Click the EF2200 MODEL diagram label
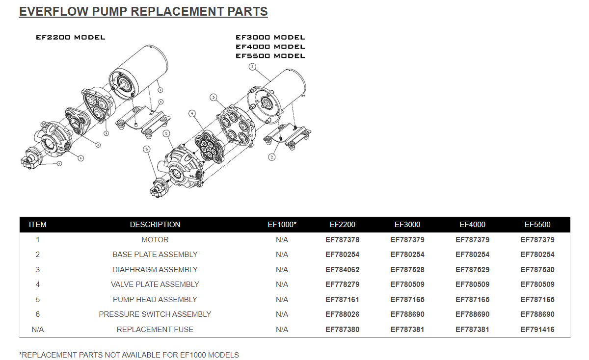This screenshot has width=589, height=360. pyautogui.click(x=70, y=37)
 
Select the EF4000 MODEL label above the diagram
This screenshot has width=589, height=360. pyautogui.click(x=270, y=47)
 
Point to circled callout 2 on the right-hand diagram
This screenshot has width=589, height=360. pyautogui.click(x=271, y=157)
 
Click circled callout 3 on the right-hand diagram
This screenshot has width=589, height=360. pyautogui.click(x=213, y=97)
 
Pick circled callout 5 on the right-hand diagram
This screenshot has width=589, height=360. pyautogui.click(x=166, y=133)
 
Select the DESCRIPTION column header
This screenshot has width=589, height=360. pyautogui.click(x=155, y=225)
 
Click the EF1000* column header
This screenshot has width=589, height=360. pyautogui.click(x=282, y=225)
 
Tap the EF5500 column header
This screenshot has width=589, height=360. pyautogui.click(x=537, y=225)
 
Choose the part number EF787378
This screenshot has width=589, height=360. pyautogui.click(x=342, y=240)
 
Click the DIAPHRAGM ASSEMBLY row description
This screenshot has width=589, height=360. pyautogui.click(x=155, y=270)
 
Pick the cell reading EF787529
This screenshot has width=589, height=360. pyautogui.click(x=472, y=270)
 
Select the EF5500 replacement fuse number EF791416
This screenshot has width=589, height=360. pyautogui.click(x=537, y=330)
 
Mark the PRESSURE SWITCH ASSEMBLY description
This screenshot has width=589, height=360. pyautogui.click(x=155, y=314)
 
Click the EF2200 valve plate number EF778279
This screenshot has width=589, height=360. pyautogui.click(x=342, y=284)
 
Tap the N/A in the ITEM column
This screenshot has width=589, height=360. pyautogui.click(x=38, y=330)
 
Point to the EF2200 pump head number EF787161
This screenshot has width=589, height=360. pyautogui.click(x=342, y=300)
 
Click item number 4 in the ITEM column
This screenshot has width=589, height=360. pyautogui.click(x=38, y=284)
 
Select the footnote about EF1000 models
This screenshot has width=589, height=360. pyautogui.click(x=129, y=355)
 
